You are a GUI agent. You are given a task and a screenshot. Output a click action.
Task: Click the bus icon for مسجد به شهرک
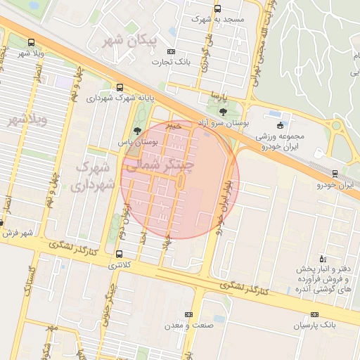click(217, 9)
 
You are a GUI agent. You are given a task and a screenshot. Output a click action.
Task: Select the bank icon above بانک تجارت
click(171, 52)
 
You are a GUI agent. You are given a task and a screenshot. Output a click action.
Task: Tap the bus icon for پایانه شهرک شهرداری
click(120, 88)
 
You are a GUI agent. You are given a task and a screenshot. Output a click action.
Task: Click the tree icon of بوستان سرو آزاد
click(223, 111)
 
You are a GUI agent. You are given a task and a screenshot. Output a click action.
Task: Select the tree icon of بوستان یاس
click(137, 130)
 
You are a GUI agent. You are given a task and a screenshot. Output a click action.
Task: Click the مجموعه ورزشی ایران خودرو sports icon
click(281, 125)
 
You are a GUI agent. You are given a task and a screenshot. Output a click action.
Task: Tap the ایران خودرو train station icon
click(335, 173)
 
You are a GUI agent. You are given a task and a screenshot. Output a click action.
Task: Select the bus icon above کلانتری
click(117, 254)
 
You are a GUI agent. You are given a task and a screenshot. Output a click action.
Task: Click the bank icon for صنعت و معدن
click(188, 314)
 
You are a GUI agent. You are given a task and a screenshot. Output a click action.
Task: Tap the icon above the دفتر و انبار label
click(322, 259)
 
